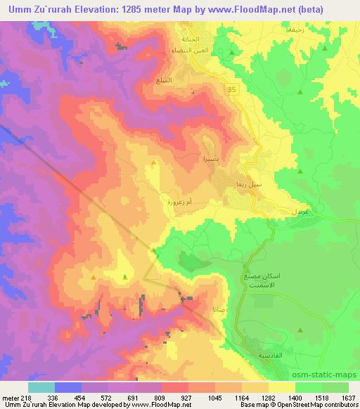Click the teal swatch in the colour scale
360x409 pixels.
[x=41, y=387]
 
